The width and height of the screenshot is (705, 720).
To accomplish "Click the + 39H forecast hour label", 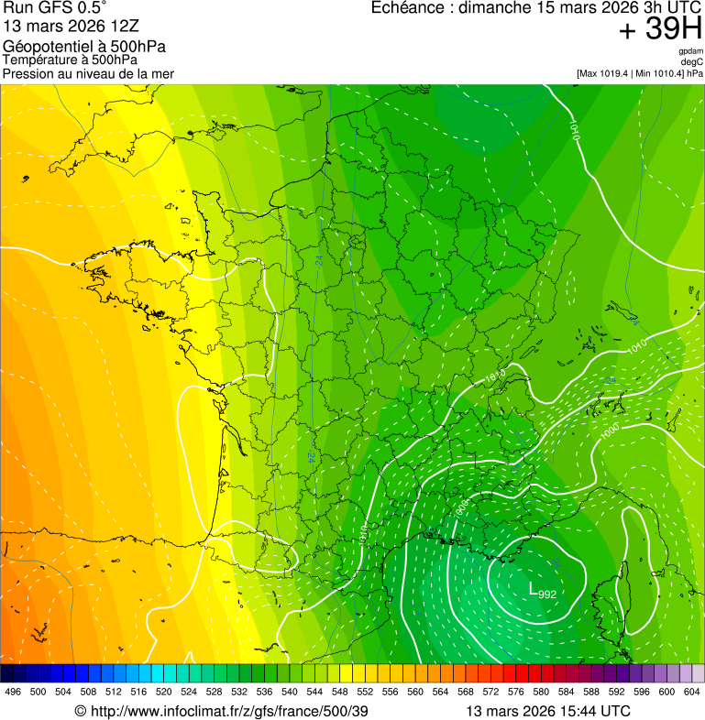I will pos(661,30).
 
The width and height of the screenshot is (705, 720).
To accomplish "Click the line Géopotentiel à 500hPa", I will pos(84,47).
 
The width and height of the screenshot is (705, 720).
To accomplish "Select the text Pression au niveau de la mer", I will pos(88,73).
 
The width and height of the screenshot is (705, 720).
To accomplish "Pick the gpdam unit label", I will pos(690,51).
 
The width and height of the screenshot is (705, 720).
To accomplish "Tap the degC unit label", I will pos(692,61).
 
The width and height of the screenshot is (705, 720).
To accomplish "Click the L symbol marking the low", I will pos(533,588).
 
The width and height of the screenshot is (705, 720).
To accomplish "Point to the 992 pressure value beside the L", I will pos(547,595).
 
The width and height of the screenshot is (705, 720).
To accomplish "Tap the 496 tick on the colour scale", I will pos(13,692).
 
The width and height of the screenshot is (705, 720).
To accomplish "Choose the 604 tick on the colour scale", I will pos(692,692).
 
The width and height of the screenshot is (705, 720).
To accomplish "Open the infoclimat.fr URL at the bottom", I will pos(228,711).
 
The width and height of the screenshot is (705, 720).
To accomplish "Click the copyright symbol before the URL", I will pos(80,711).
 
